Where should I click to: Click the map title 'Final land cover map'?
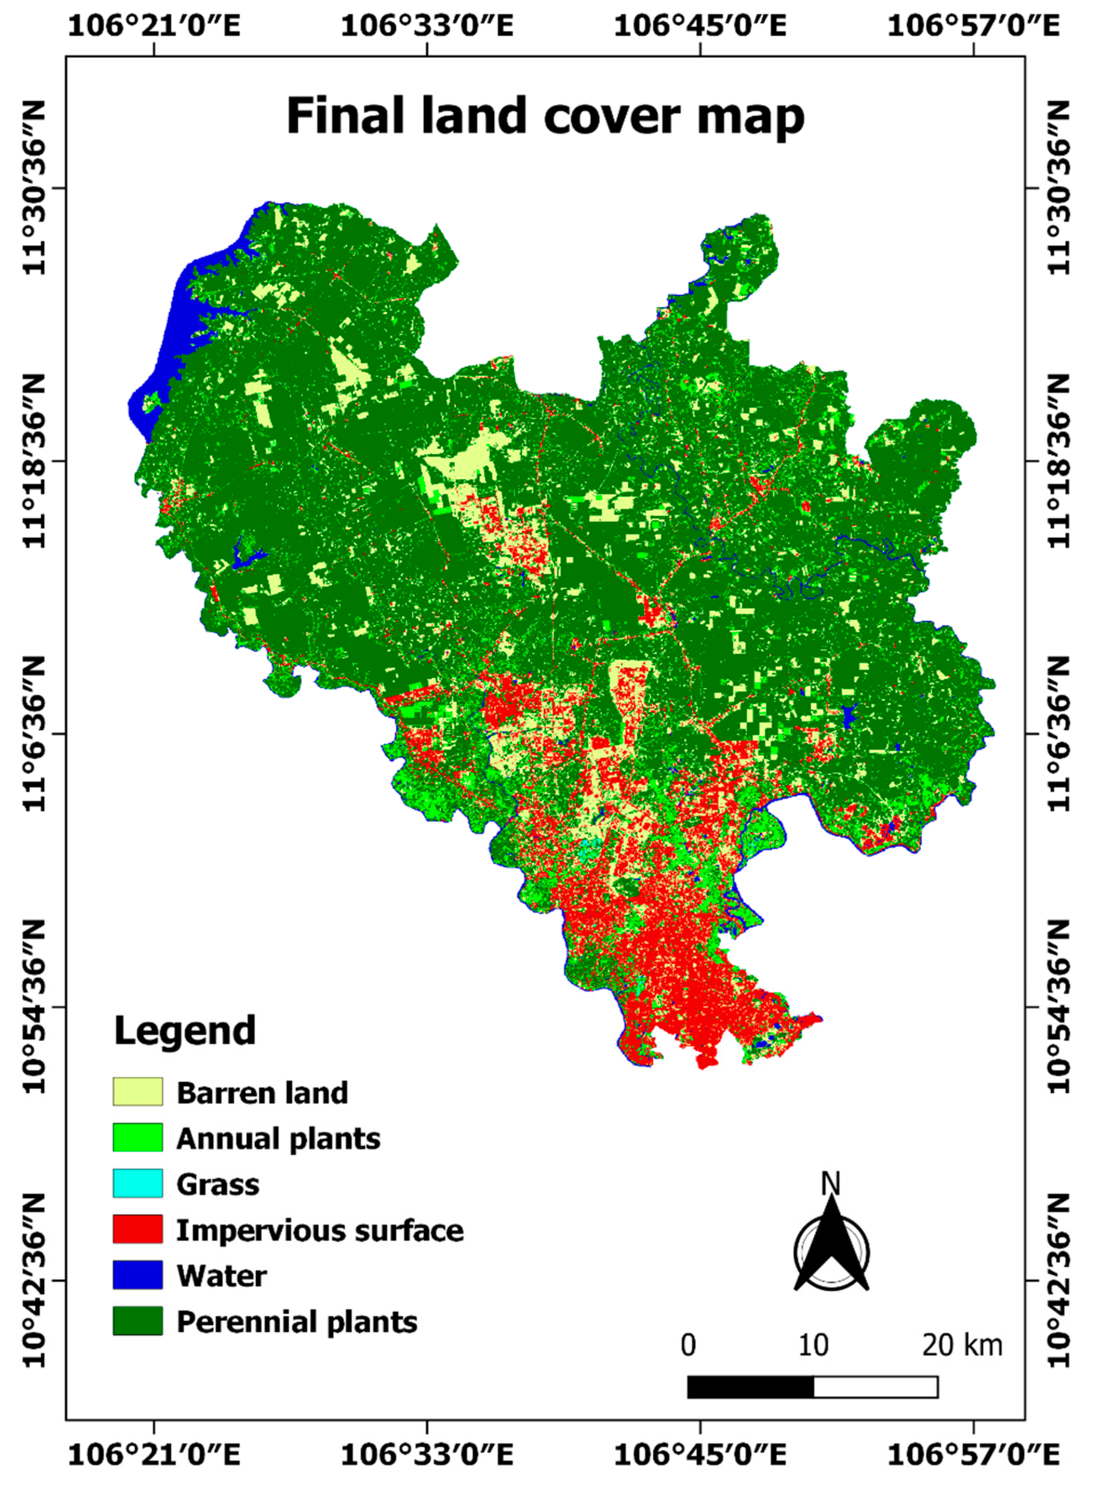(x=545, y=116)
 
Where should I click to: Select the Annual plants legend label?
(x=278, y=1138)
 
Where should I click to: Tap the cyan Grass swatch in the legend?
(x=137, y=1183)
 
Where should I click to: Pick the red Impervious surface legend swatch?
(x=137, y=1229)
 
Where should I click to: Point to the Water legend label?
(x=221, y=1276)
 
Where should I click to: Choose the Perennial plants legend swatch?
(x=137, y=1320)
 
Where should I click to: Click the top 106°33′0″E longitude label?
(x=427, y=26)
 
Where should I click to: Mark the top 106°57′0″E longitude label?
(x=973, y=26)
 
